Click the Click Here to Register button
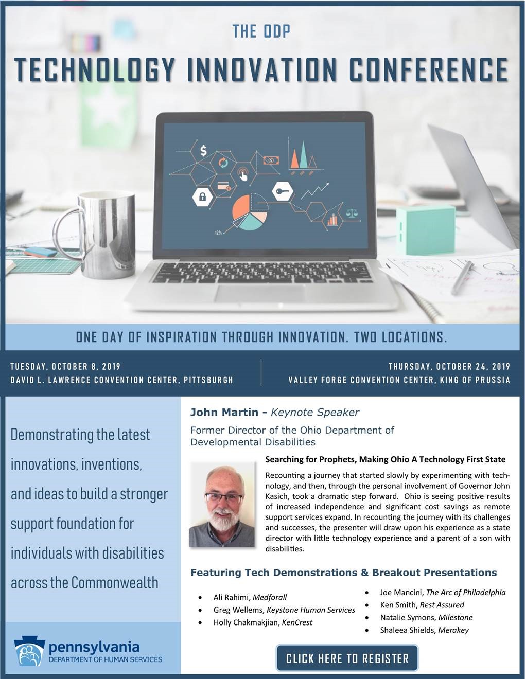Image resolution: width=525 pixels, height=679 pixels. point(347,658)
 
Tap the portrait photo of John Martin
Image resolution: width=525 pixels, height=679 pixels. point(222,505)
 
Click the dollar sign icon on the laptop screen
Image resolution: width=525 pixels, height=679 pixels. point(203,151)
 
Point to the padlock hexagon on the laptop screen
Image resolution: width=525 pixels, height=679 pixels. point(202,196)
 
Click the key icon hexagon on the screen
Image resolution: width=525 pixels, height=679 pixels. point(283,191)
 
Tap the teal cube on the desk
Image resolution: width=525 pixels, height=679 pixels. point(426,230)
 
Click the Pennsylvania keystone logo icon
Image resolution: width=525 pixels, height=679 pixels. point(29,651)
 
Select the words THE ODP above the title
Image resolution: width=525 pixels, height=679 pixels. point(261,31)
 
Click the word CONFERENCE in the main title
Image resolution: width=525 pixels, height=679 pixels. point(428,70)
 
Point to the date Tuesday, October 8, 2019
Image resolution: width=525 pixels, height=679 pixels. point(65,366)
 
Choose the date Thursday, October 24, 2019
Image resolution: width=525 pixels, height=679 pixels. point(449,366)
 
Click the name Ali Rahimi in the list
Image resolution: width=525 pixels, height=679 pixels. point(232,597)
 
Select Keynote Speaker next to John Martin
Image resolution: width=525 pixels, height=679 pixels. point(315,412)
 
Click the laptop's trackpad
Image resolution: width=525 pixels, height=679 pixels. point(259,293)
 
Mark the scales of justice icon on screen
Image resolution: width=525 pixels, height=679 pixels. point(352,213)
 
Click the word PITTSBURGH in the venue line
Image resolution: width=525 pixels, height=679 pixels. point(208,380)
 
